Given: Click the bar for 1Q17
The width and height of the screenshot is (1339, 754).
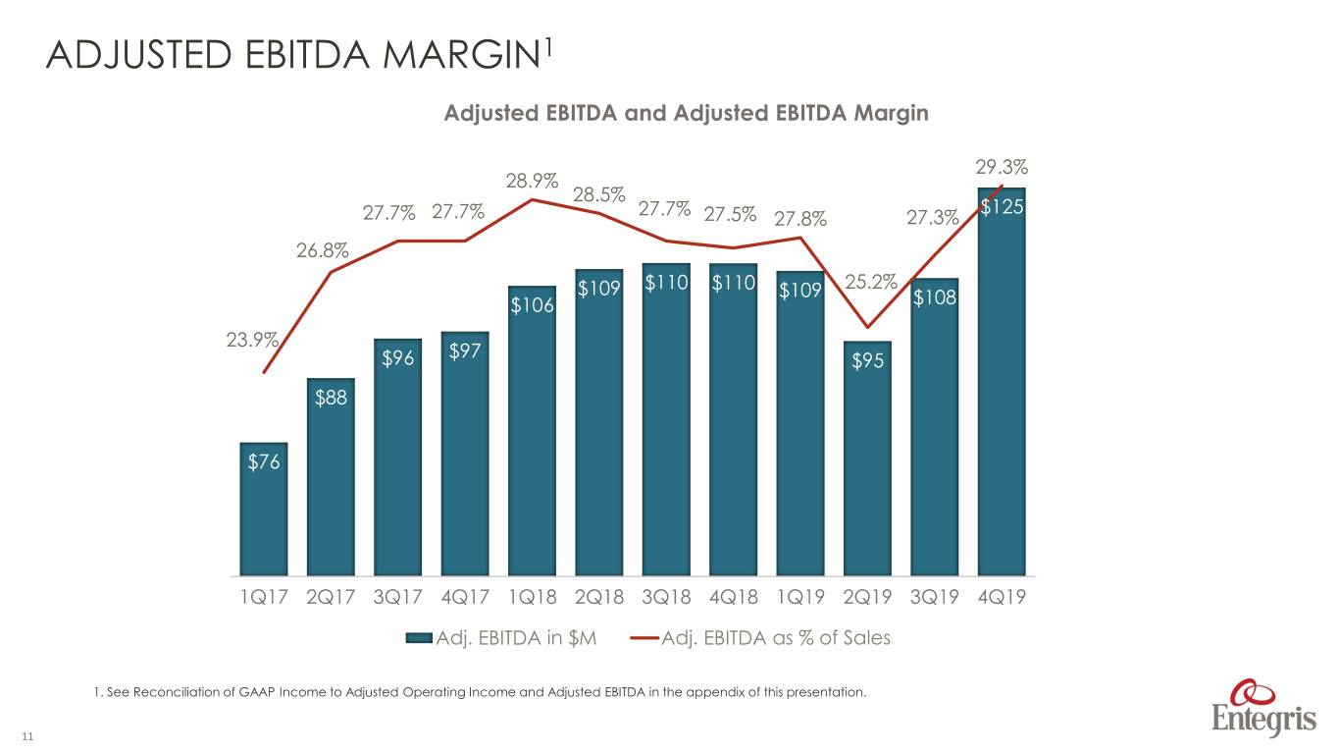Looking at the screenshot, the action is pos(264,510).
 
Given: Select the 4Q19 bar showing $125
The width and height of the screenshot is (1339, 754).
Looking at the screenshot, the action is pos(1002,382).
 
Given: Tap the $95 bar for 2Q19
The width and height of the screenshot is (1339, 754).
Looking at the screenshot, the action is pos(867,459).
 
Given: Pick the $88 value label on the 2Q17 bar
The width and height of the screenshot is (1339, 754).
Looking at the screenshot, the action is pos(331,398).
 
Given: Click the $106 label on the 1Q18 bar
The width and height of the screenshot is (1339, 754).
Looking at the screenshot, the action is pos(532,305).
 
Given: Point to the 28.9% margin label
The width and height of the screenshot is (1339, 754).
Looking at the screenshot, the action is pos(532,181).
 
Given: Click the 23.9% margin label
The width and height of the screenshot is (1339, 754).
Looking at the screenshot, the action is pos(252,340).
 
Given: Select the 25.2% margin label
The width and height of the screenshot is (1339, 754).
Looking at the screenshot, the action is pos(871,281).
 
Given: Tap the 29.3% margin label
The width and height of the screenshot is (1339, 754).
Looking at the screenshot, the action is pos(1002,167).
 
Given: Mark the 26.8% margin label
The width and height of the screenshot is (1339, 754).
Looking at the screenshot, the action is pos(322,250).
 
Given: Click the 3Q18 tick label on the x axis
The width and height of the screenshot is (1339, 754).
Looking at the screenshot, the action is pos(666,597).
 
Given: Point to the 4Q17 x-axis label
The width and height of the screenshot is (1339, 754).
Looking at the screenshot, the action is pos(464,597).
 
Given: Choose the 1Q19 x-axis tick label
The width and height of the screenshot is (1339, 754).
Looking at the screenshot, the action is pos(800,597).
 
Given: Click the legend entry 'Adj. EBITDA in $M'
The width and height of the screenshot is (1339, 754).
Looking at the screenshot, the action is pos(501,638).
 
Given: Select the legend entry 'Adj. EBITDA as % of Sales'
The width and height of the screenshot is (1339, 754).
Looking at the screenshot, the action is pos(760,638).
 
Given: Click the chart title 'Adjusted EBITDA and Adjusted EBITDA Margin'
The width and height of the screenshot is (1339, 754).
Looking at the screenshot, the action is pos(687,113).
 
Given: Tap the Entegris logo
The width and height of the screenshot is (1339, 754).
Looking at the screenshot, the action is pos(1263,709).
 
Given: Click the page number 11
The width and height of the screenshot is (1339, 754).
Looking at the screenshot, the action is pos(27,736).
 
